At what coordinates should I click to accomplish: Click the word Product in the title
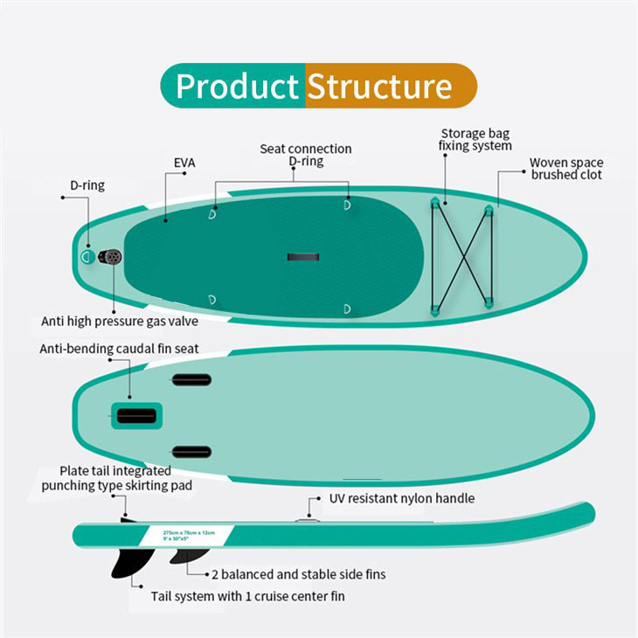[x=237, y=86]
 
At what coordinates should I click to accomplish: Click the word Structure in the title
[x=379, y=86]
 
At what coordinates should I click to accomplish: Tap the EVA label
[x=184, y=163]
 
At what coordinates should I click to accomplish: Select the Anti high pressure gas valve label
[x=120, y=321]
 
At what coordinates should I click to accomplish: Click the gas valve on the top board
[x=111, y=256]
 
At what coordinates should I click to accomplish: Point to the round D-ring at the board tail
[x=88, y=256]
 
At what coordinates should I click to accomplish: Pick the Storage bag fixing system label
[x=475, y=140]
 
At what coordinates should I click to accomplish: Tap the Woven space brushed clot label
[x=566, y=169]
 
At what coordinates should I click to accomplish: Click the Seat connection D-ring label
[x=306, y=155]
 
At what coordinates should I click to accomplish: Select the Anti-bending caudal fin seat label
[x=120, y=349]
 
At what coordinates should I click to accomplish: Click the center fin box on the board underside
[x=136, y=415]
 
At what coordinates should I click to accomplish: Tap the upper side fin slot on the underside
[x=191, y=379]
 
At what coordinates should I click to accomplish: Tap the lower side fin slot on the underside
[x=191, y=452]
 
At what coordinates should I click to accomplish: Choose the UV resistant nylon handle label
[x=402, y=498]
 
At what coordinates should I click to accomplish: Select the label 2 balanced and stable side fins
[x=298, y=574]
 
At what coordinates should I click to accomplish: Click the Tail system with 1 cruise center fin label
[x=236, y=597]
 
